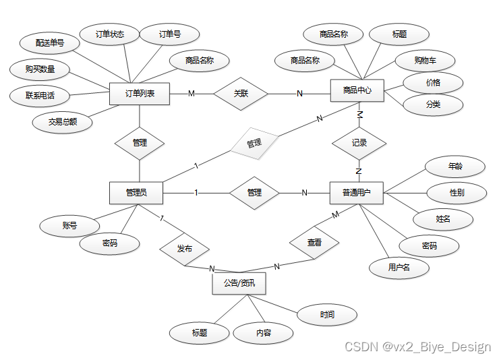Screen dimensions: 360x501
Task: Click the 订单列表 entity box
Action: coord(140,94)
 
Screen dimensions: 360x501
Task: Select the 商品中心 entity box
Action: coord(357,90)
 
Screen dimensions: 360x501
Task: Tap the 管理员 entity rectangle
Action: coord(137,193)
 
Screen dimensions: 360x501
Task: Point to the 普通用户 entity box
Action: coord(357,193)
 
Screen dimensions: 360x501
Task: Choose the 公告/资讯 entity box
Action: coord(239,283)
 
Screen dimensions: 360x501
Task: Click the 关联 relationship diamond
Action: coord(241,94)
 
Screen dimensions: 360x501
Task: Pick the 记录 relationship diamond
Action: coord(359,143)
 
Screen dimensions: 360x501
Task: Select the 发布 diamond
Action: coord(184,249)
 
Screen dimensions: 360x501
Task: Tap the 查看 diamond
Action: coord(314,243)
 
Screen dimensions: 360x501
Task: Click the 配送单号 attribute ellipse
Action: coord(49,42)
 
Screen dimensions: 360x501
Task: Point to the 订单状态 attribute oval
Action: coord(110,34)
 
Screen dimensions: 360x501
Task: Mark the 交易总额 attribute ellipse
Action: coord(61,122)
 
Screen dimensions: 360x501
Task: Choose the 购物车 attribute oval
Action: coord(425,61)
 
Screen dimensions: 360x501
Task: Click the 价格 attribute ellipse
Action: coord(433,83)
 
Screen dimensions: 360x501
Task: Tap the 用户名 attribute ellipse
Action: coord(399,268)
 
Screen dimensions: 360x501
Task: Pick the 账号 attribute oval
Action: coord(69,226)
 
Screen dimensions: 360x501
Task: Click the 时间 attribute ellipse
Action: coord(327,314)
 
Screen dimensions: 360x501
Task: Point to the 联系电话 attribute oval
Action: coord(40,95)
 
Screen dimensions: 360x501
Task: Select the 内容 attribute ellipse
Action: coord(263,333)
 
